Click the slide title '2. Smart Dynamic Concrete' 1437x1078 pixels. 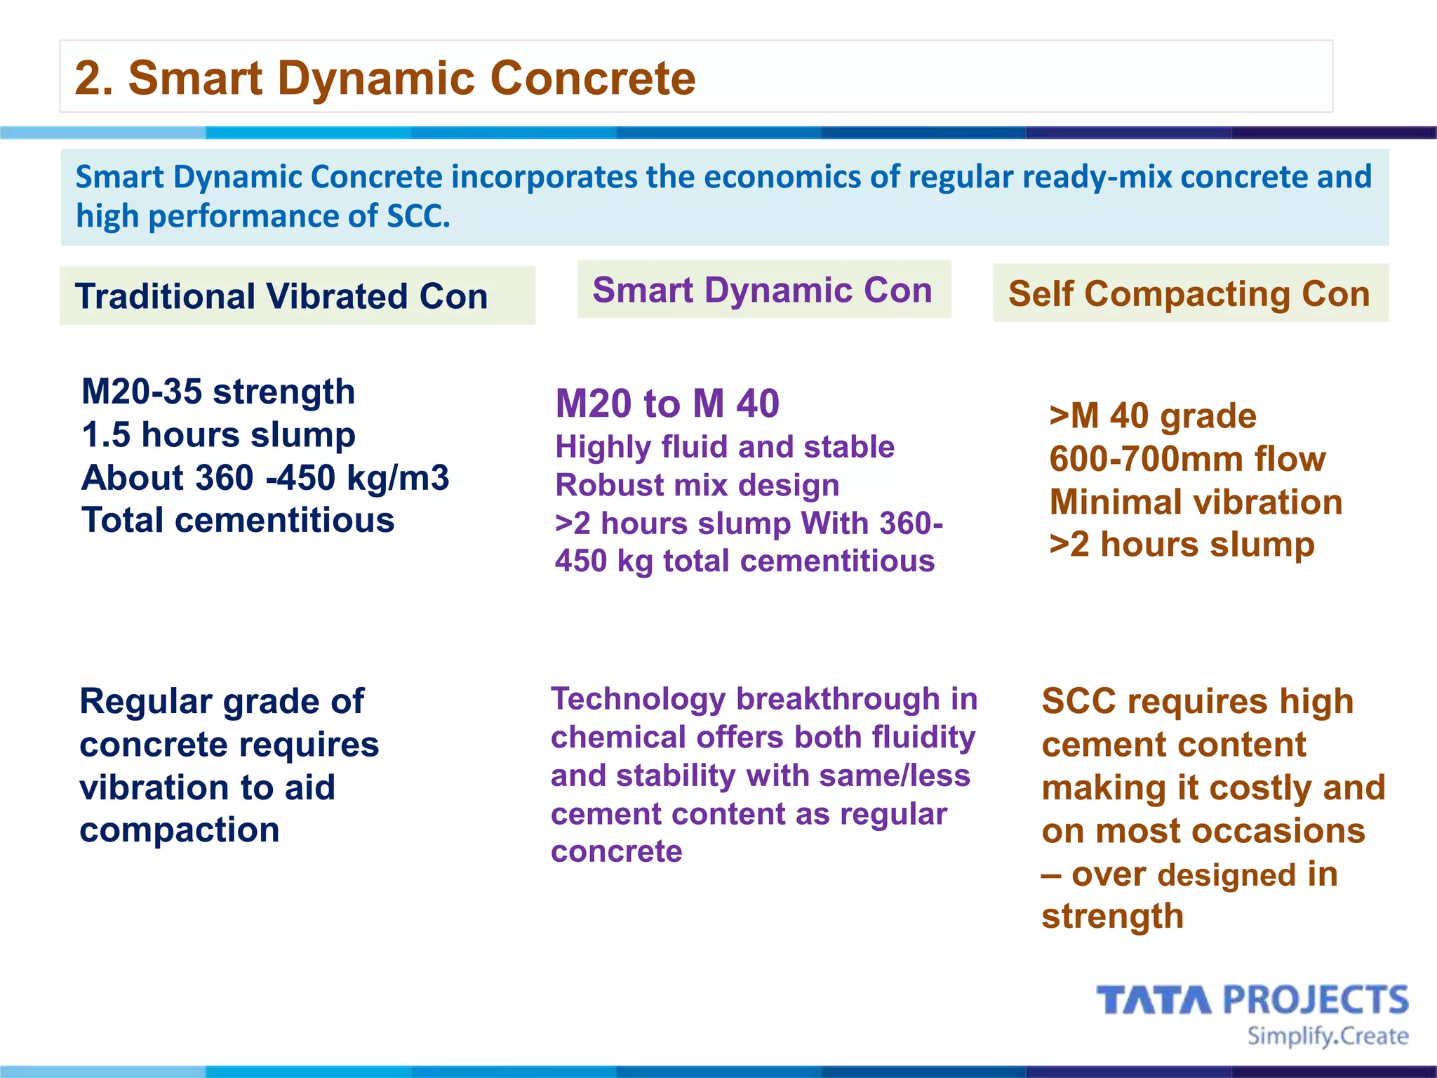click(385, 77)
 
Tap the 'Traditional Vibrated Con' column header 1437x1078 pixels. click(281, 296)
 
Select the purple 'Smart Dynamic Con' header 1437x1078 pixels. click(763, 290)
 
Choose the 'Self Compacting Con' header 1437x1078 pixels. click(1189, 293)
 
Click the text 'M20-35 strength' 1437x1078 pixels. click(218, 392)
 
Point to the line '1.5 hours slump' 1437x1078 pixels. click(218, 434)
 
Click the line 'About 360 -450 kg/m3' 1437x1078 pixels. click(265, 478)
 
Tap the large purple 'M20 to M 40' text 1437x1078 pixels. click(667, 404)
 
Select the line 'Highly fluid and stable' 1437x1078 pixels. click(724, 447)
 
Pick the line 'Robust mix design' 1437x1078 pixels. click(697, 485)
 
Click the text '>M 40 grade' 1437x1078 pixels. click(1152, 416)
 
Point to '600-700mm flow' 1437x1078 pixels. click(1187, 459)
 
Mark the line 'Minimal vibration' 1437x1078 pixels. click(1196, 503)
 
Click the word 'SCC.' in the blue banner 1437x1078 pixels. click(418, 216)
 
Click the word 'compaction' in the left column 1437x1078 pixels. click(180, 830)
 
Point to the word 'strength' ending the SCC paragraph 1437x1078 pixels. click(1112, 917)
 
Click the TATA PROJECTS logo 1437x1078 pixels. click(1252, 1000)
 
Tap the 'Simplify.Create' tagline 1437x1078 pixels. click(1328, 1037)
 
